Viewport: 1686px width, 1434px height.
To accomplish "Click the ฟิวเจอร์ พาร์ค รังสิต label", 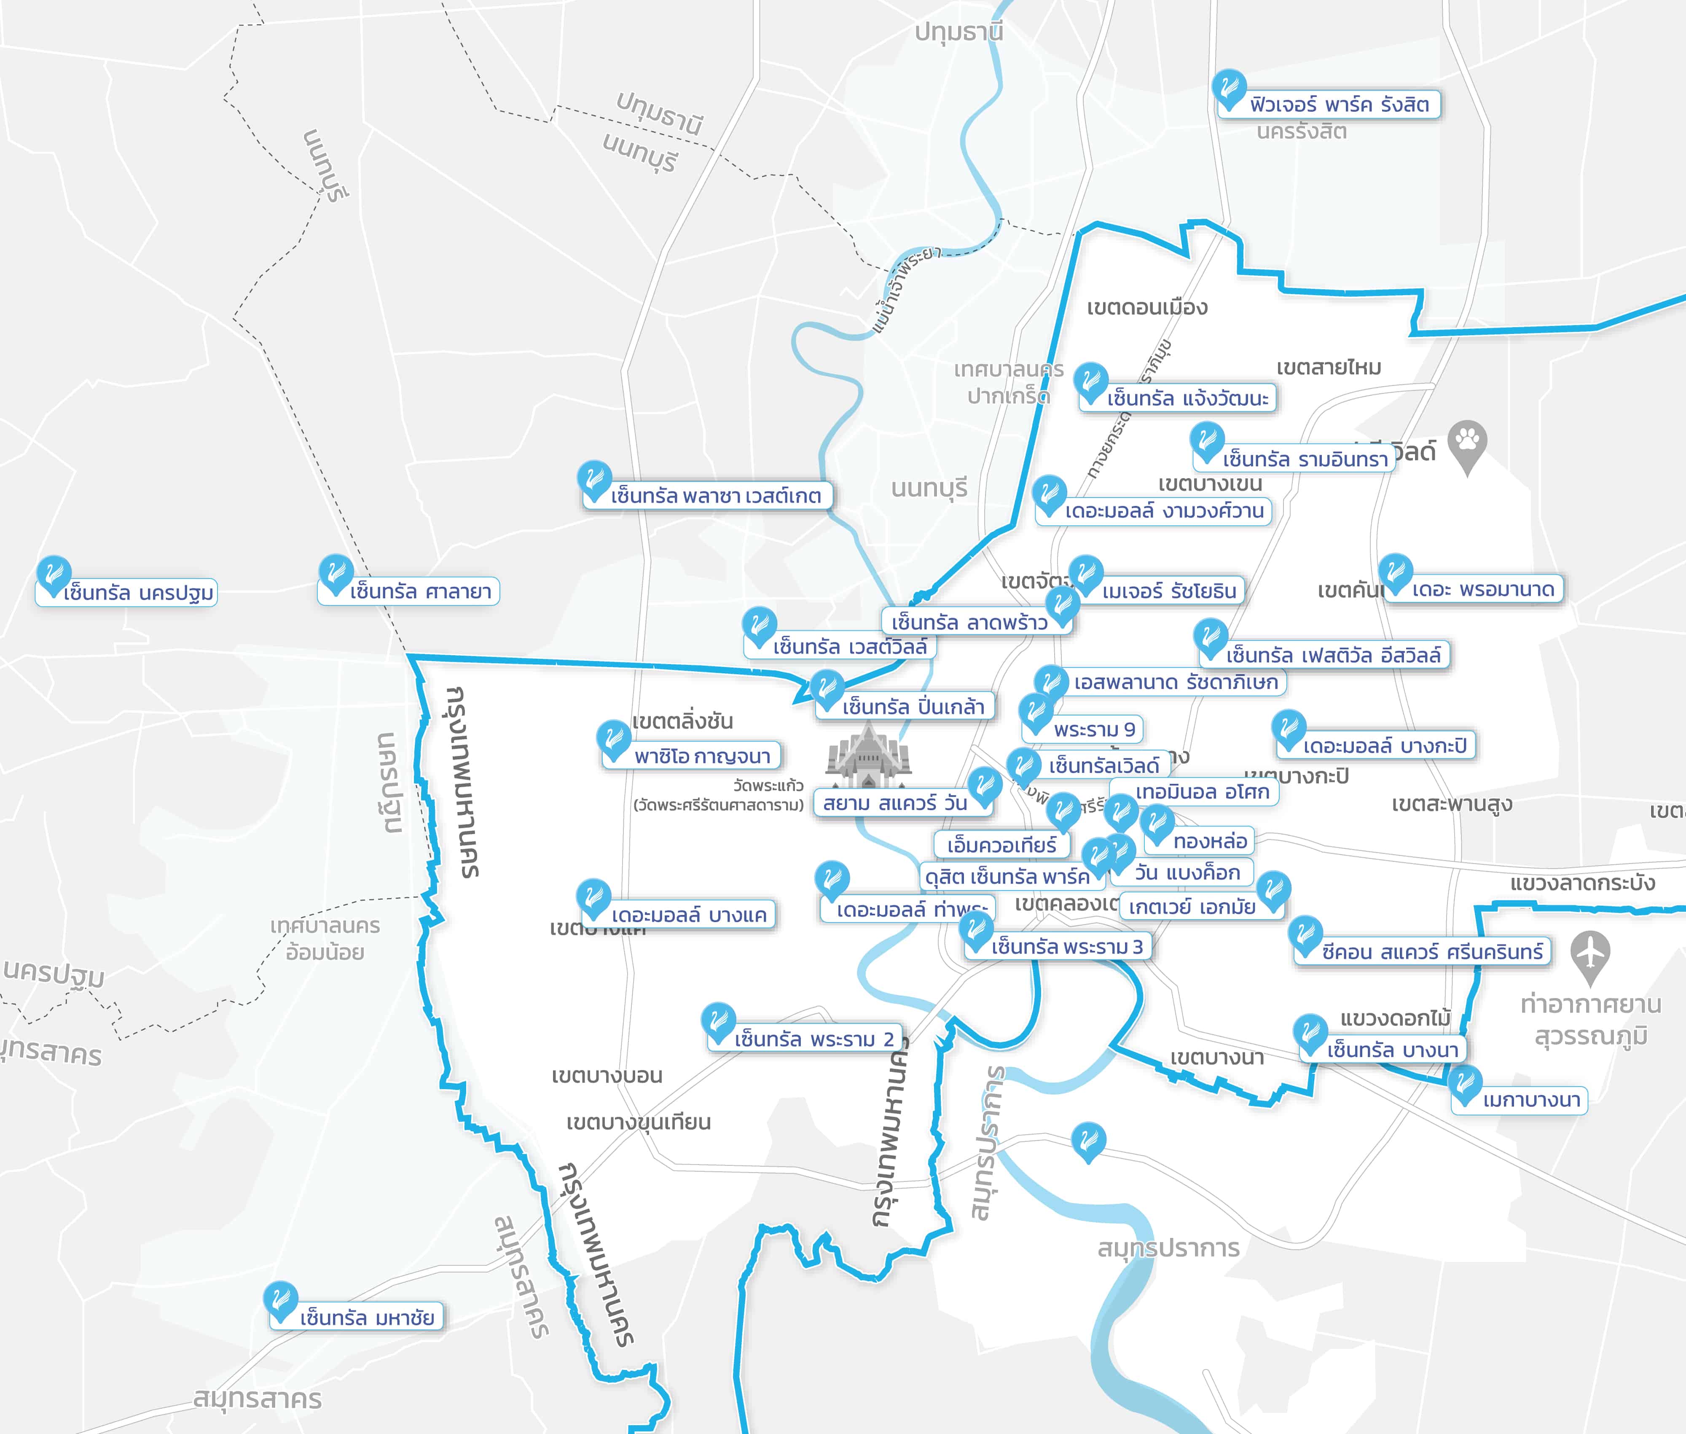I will [1339, 105].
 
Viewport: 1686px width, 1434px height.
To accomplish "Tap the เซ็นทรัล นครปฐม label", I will [138, 593].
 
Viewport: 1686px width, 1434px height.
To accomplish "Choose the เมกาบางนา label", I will [1531, 1100].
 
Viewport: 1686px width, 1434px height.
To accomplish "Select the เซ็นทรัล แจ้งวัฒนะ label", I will [1187, 398].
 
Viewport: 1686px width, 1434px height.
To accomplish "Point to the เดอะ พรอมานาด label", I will [1482, 589].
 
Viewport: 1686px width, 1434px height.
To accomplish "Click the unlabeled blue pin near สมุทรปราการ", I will [1088, 1141].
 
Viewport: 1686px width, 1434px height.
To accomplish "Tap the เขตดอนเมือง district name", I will [1147, 307].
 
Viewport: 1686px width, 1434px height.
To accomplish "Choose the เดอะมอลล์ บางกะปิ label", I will [1384, 745].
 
